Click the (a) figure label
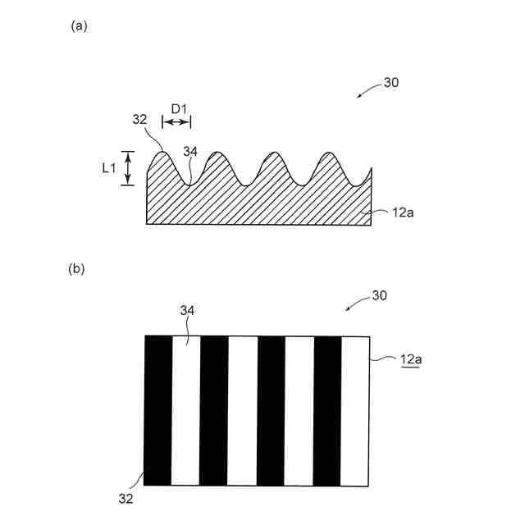pos(80,25)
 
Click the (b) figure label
pos(76,268)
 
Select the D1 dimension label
pos(180,107)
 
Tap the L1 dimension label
pos(107,168)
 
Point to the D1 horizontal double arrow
pos(176,122)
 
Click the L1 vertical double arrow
pos(127,168)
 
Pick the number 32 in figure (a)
pos(139,119)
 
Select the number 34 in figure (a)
pos(190,152)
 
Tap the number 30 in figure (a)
pos(391,83)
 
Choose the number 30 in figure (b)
pos(380,294)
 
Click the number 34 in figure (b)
pos(187,309)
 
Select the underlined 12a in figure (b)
pos(412,358)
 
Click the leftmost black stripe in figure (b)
pos(158,410)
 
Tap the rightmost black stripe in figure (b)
pos(327,410)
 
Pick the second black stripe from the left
pos(214,410)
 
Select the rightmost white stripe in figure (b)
pos(354,410)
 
